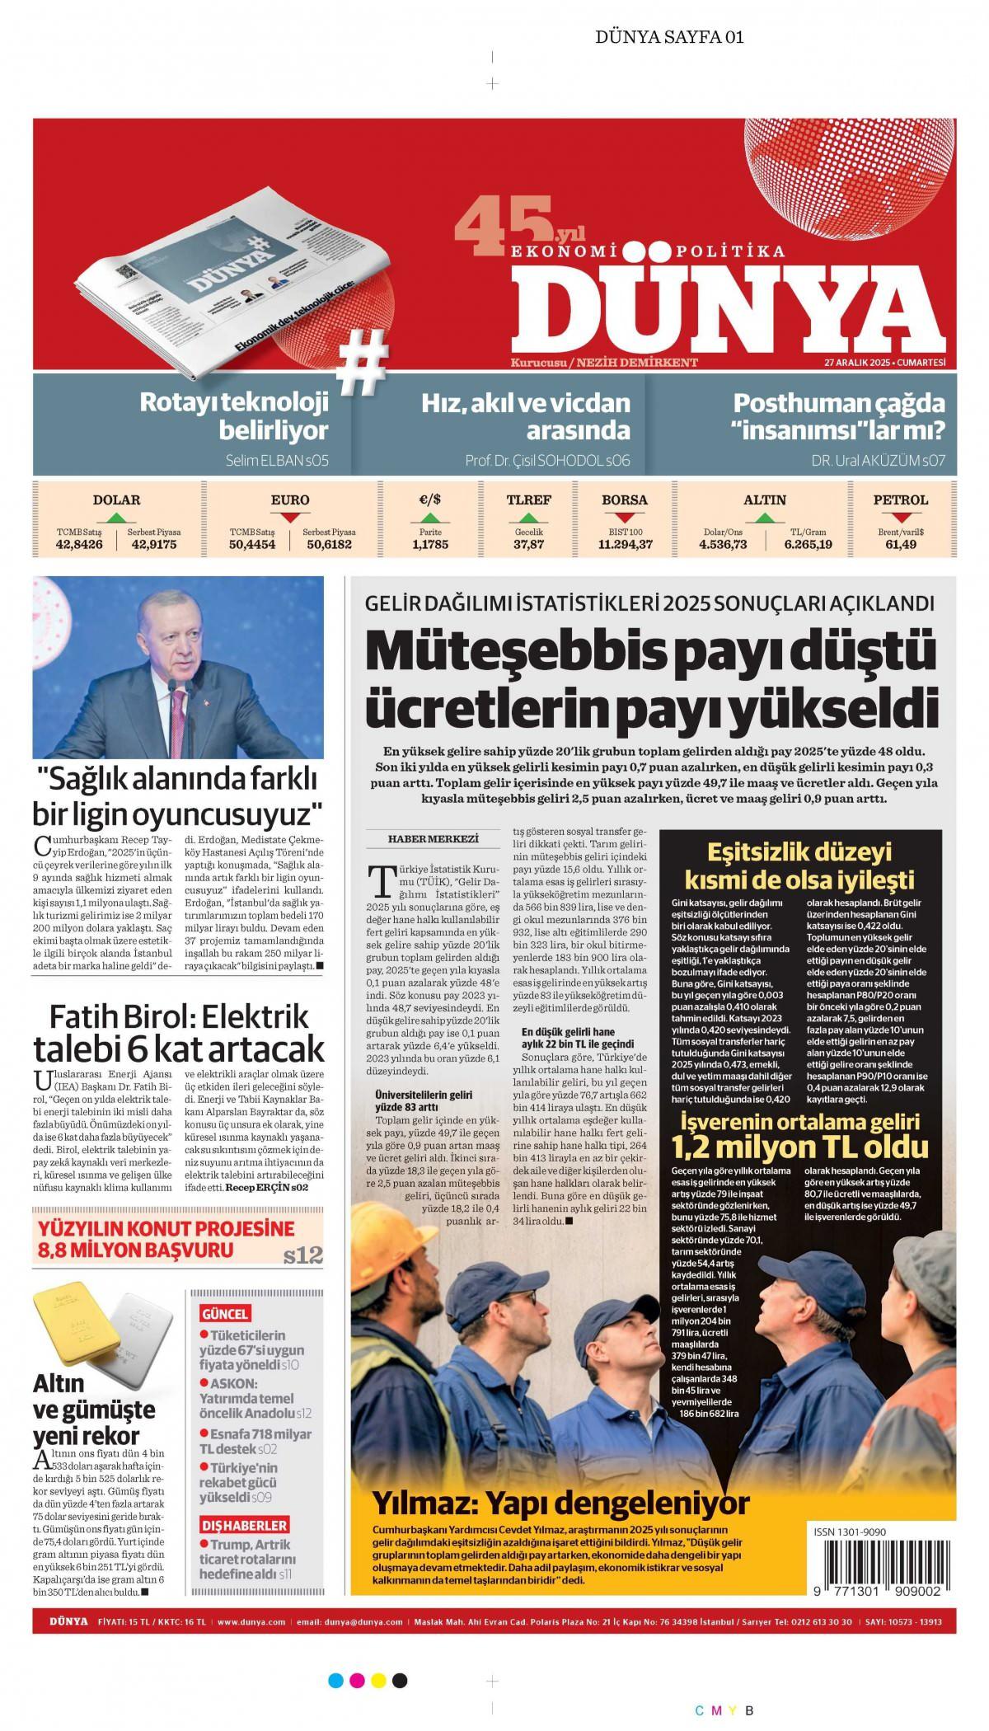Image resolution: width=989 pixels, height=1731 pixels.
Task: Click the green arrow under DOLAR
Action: point(116,518)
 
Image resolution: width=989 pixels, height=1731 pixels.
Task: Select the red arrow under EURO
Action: point(290,518)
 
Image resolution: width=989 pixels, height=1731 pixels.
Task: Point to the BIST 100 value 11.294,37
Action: point(625,545)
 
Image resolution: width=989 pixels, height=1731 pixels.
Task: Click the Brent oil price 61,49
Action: point(901,545)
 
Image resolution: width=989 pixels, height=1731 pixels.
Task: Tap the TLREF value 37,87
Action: point(528,545)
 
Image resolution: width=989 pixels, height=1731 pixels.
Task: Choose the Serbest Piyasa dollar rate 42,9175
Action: point(154,545)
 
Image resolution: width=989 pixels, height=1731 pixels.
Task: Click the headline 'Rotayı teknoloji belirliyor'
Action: point(234,416)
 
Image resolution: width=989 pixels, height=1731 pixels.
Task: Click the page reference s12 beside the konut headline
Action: point(302,1256)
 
